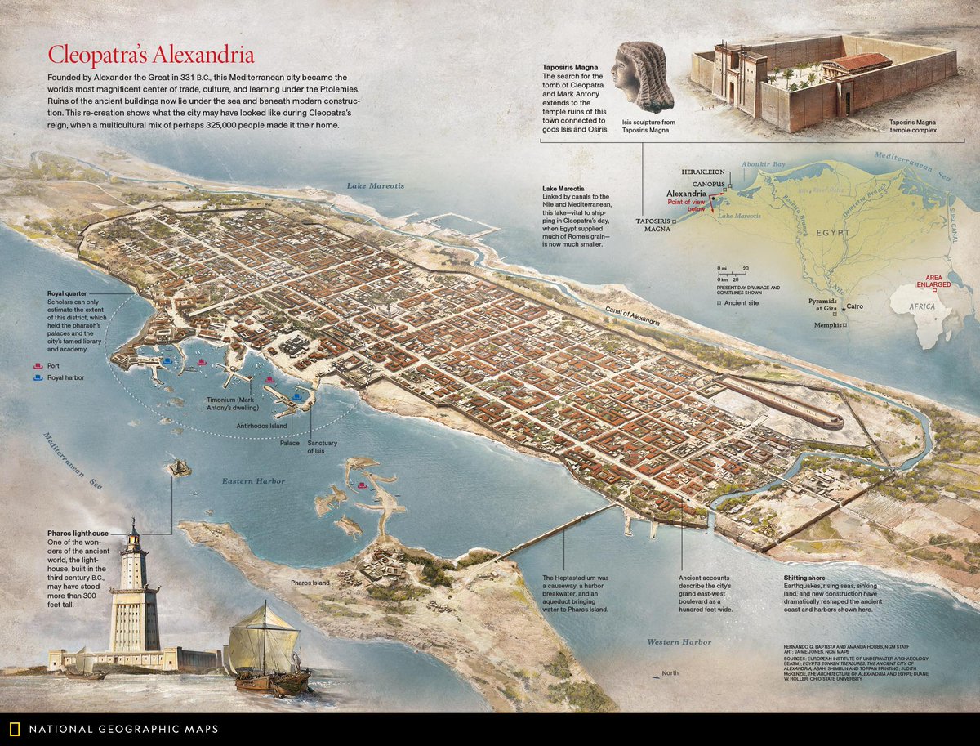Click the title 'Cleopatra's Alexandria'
150,56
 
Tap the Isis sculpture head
644,77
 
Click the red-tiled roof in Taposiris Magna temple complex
857,62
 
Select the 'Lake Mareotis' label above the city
375,185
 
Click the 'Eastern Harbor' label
253,481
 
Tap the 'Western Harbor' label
679,642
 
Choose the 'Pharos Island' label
310,583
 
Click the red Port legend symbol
36,365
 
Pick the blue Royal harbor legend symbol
36,378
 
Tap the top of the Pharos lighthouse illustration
133,525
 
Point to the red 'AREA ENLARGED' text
932,281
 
